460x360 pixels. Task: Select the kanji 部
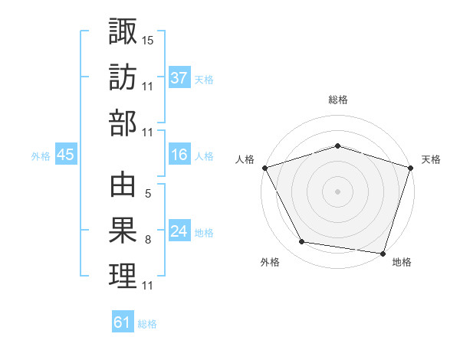click(123, 123)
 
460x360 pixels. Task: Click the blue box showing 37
click(179, 77)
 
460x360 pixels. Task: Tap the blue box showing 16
click(179, 155)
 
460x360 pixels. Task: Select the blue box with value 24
click(179, 231)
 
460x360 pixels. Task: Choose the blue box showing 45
click(65, 155)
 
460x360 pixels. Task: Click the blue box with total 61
click(123, 322)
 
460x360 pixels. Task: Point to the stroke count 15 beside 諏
click(148, 38)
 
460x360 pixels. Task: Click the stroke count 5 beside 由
click(147, 193)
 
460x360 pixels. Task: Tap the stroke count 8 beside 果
click(147, 240)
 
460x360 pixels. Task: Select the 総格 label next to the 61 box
click(147, 324)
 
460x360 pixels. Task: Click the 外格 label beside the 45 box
click(41, 156)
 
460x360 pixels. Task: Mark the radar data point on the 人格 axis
click(264, 167)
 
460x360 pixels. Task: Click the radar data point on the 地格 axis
click(383, 253)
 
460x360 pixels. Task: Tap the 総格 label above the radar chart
click(337, 100)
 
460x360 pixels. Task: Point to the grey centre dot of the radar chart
click(337, 191)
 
